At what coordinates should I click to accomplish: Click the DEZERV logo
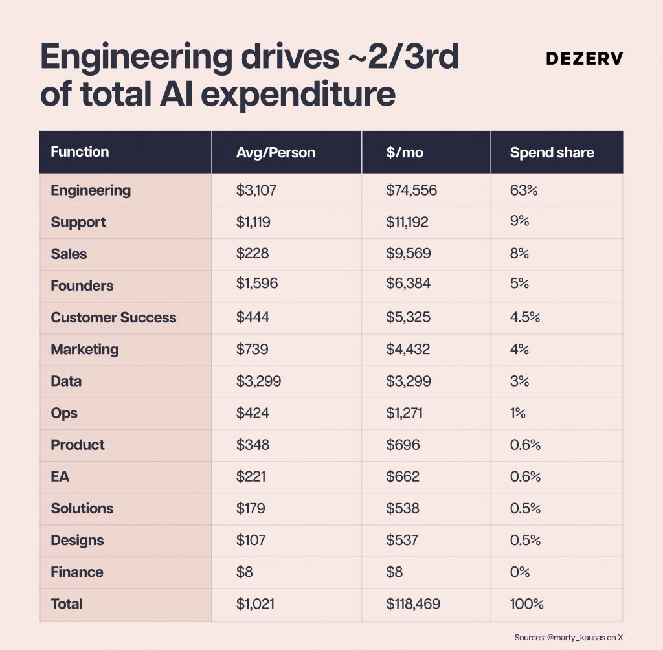[585, 58]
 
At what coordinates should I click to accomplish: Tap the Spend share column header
[552, 152]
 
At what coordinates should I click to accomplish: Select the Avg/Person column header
[276, 152]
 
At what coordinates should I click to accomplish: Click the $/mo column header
[404, 152]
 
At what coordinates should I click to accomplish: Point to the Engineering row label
[91, 191]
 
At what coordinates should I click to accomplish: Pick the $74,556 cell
[411, 190]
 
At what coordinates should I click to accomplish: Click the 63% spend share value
[523, 190]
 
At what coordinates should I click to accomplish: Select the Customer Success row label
[113, 317]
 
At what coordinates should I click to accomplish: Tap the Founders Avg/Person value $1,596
[256, 284]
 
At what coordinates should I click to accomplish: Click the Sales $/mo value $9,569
[408, 253]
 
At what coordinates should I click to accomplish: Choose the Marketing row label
[85, 350]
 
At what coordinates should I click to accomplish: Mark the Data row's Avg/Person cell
[258, 381]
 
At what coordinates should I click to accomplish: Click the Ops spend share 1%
[517, 413]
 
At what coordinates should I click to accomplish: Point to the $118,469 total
[412, 604]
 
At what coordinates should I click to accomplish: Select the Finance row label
[77, 572]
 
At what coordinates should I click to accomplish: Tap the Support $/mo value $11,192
[407, 222]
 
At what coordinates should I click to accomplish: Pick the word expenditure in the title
[298, 93]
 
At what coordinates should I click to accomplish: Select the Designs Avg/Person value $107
[251, 540]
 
